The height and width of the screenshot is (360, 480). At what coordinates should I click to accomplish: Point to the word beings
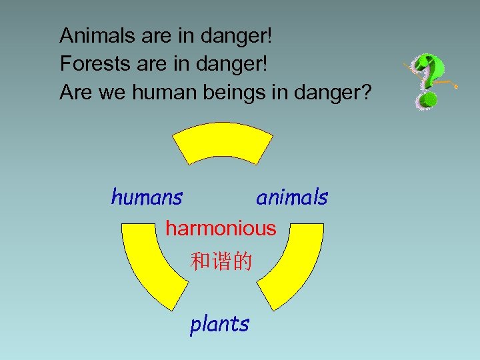click(231, 94)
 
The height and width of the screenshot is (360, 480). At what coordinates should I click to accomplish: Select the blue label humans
click(147, 197)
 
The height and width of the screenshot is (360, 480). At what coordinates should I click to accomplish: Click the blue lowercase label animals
click(292, 197)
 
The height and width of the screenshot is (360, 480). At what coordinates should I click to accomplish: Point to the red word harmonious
click(221, 229)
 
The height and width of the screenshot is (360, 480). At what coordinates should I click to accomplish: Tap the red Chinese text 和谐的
click(221, 261)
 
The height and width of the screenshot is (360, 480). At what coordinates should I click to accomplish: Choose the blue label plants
click(219, 324)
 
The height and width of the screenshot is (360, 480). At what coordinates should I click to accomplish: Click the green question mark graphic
click(427, 80)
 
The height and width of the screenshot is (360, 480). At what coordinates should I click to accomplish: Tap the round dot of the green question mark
click(428, 102)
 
